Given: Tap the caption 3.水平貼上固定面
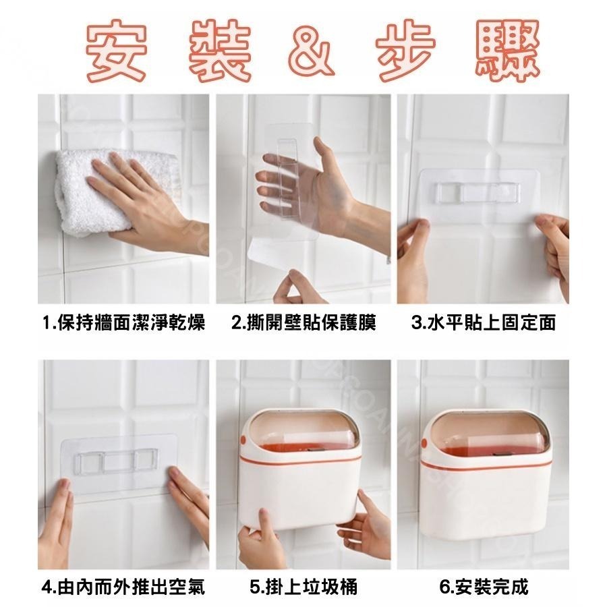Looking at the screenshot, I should coord(484,323).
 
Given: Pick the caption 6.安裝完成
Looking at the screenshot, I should coord(483,587).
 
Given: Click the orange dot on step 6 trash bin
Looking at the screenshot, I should coord(426,444).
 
